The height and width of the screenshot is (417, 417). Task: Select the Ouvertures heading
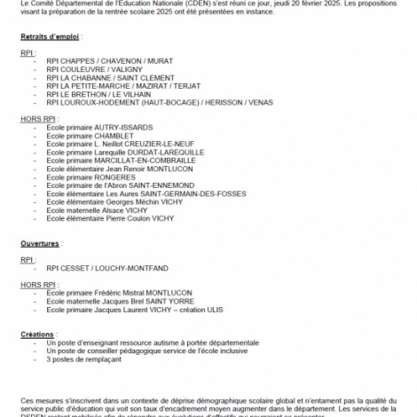[x=40, y=242]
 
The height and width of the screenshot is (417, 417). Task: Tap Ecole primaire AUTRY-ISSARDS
[x=99, y=127]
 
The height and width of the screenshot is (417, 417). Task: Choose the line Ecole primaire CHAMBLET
[x=89, y=136]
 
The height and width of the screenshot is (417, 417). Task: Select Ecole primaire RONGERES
[x=90, y=177]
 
